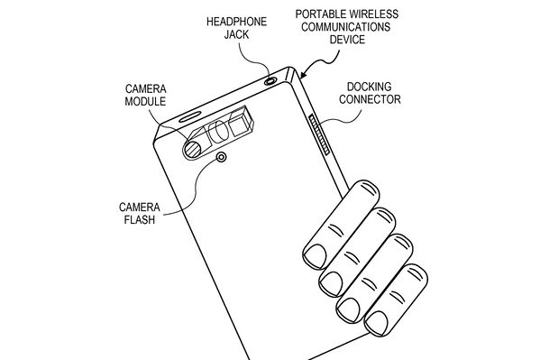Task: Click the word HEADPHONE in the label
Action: tap(236, 22)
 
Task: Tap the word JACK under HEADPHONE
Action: tap(236, 34)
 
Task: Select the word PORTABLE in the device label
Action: tap(320, 14)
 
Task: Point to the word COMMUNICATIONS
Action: tap(346, 27)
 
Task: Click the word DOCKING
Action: tap(370, 87)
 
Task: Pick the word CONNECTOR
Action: tap(370, 99)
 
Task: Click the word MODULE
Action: tap(145, 101)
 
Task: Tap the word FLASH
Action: tap(140, 219)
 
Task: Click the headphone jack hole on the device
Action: tap(270, 81)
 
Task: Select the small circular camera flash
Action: tap(222, 158)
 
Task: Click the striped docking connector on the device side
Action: tap(319, 134)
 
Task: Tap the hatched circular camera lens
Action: tap(192, 149)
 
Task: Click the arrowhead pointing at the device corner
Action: tap(303, 75)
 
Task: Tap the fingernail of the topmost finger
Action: tap(315, 256)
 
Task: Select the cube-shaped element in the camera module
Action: tap(241, 125)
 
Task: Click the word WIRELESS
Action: tap(373, 14)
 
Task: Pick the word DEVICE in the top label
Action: tap(347, 40)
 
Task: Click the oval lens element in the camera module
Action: tap(220, 132)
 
